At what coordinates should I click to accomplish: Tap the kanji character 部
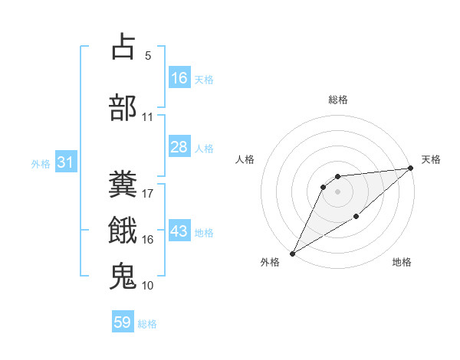[x=123, y=108]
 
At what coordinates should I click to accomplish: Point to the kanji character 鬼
[x=123, y=276]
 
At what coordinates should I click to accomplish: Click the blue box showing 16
[x=179, y=78]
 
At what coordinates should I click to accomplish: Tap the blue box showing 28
[x=179, y=147]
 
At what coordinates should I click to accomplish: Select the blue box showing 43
[x=179, y=232]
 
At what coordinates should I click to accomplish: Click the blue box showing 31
[x=66, y=163]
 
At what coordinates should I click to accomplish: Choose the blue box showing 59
[x=123, y=322]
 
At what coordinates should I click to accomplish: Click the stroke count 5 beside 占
[x=147, y=55]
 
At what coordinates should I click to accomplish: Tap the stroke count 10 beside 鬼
[x=148, y=285]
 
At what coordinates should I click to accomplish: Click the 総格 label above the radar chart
[x=337, y=100]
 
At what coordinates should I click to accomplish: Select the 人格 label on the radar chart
[x=245, y=159]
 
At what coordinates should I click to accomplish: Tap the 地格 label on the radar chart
[x=402, y=262]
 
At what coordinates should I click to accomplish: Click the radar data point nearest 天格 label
[x=411, y=168]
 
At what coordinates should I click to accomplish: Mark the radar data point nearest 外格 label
[x=292, y=253]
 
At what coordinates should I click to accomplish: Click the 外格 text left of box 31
[x=41, y=164]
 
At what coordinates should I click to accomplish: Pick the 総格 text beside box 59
[x=147, y=324]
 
